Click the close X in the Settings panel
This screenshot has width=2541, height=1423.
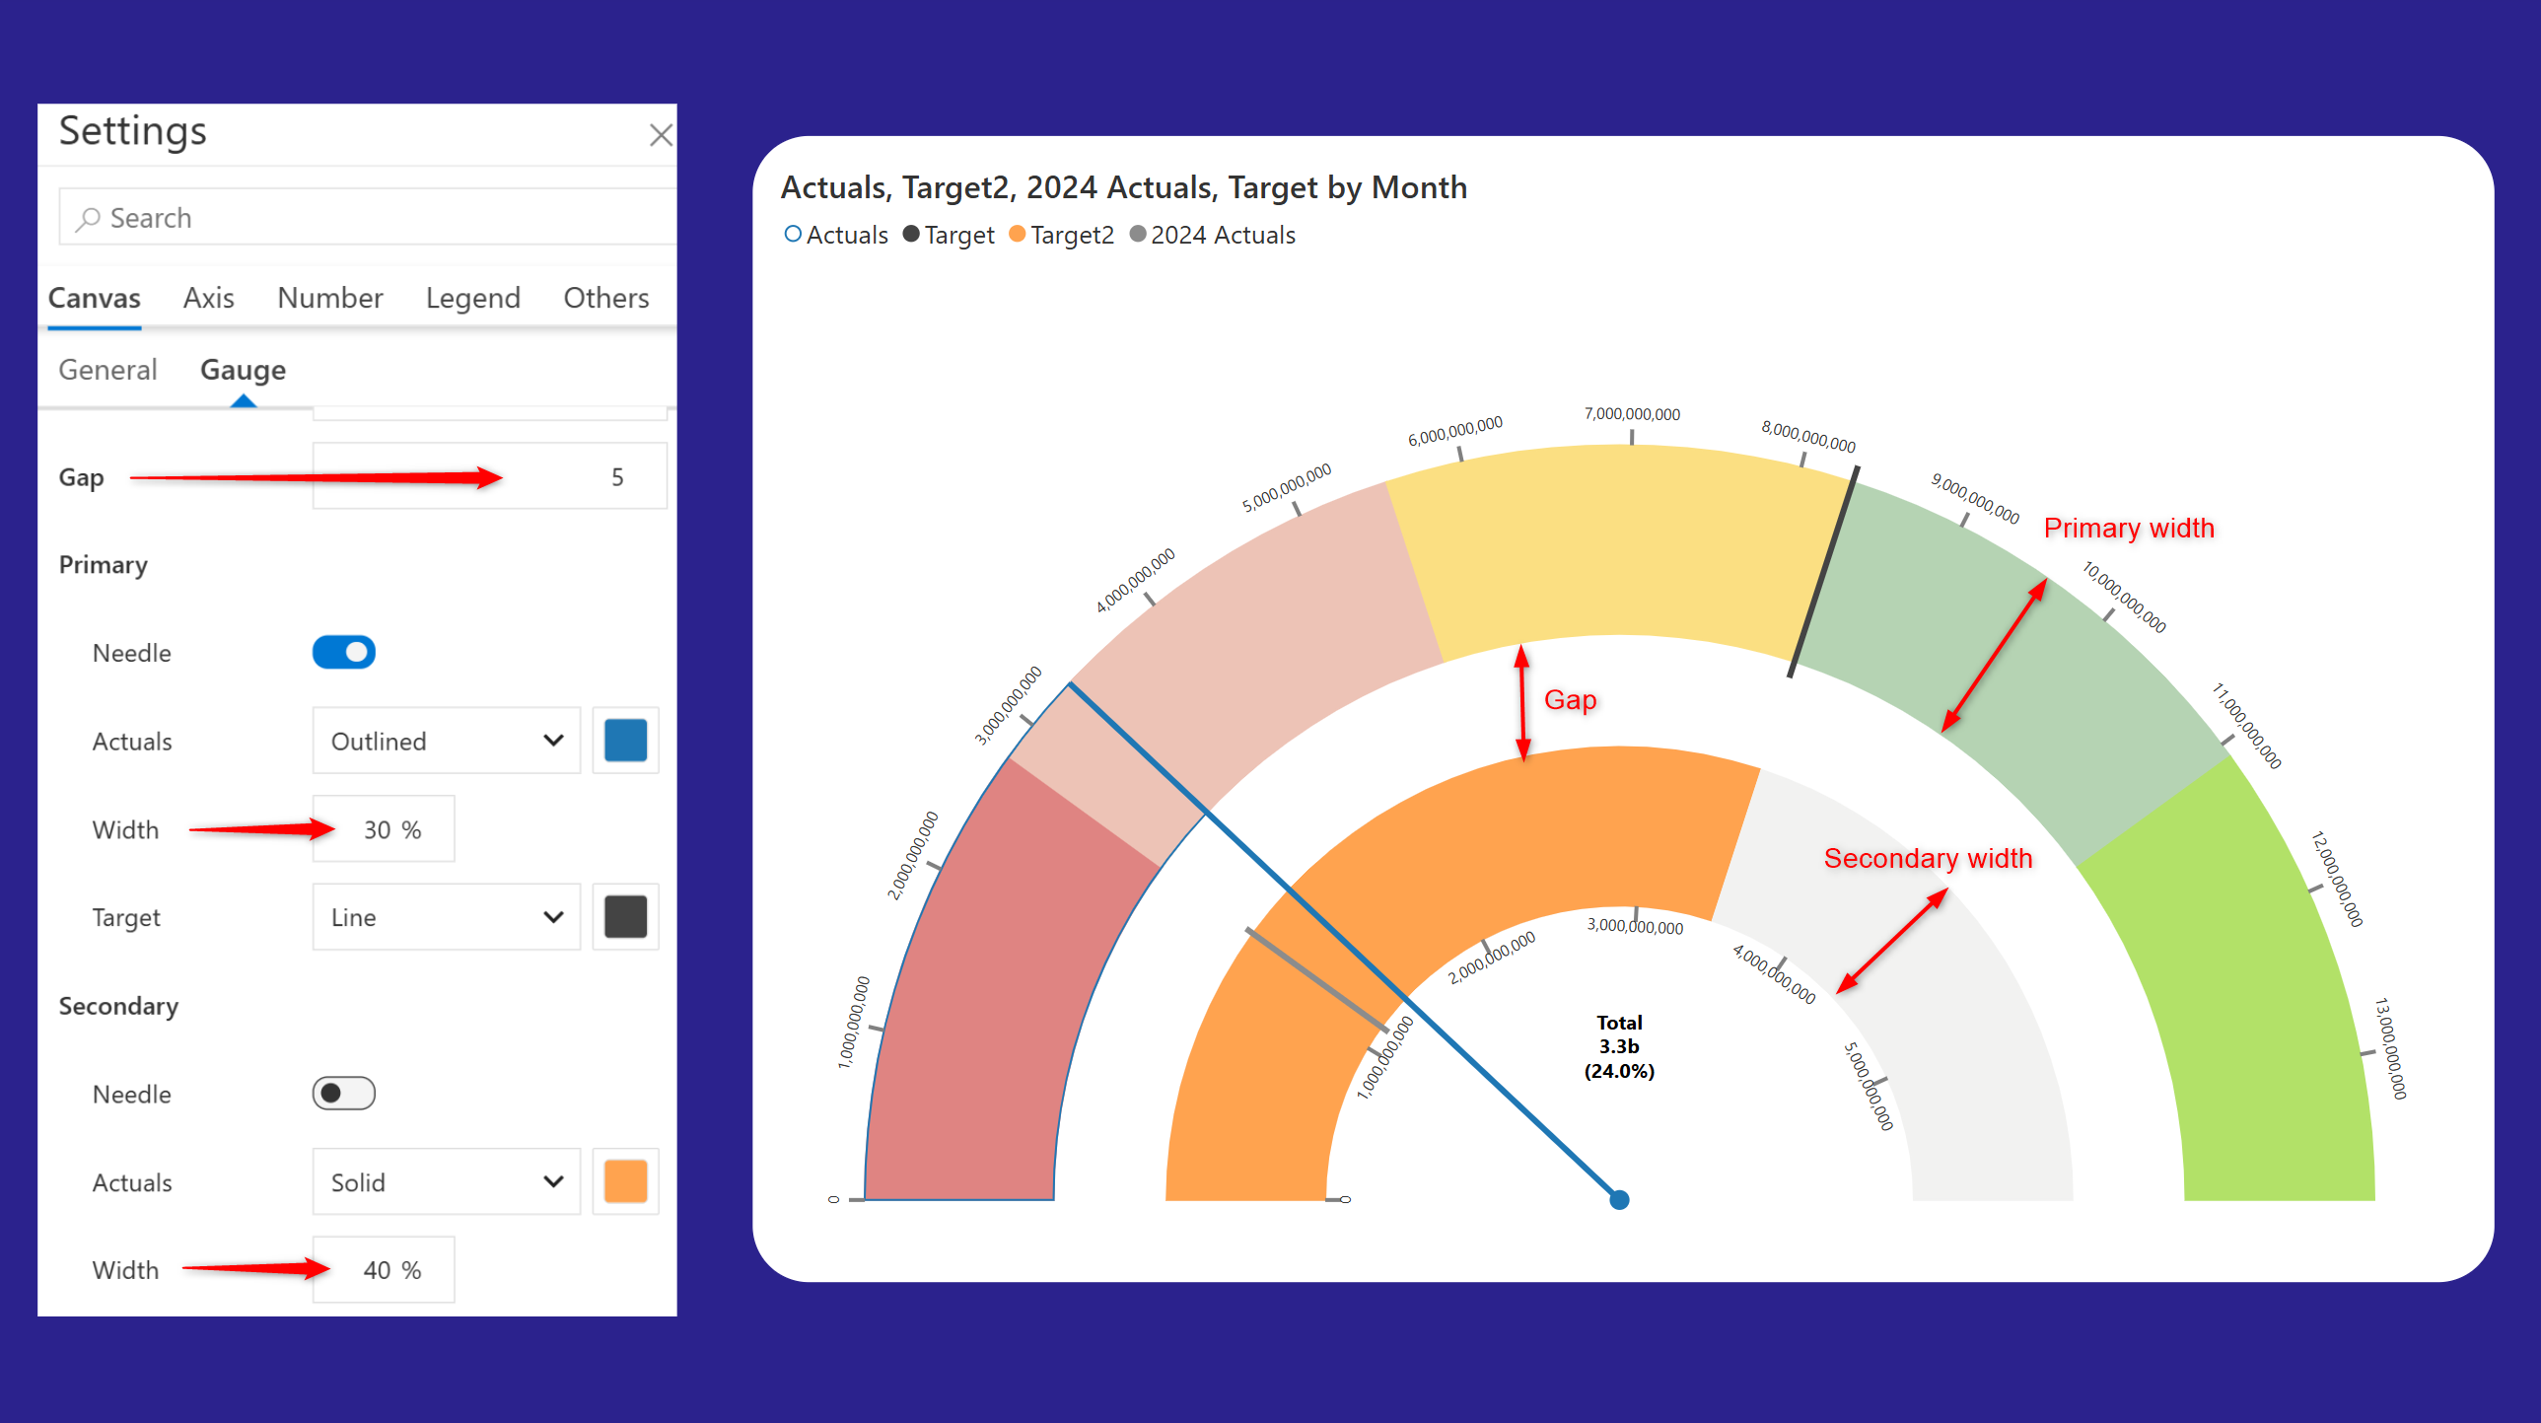coord(660,135)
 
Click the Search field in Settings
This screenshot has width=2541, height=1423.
coord(375,217)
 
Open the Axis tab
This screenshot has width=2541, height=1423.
coord(208,298)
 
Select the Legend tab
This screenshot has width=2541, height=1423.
coord(472,298)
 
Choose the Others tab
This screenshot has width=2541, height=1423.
coord(605,298)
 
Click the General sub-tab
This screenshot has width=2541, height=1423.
coord(107,370)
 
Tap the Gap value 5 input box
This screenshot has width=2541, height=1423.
coord(489,476)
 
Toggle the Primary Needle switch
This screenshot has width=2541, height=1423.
coord(343,652)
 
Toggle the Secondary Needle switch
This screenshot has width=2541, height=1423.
coord(343,1094)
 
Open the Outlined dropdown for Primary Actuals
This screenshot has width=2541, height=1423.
coord(446,742)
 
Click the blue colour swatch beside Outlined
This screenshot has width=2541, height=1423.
coord(625,742)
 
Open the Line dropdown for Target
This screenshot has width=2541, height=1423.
coord(446,918)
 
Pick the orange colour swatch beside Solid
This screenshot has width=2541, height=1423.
coord(625,1182)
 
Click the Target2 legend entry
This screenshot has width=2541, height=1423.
coord(1062,235)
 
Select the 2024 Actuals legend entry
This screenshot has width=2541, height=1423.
coord(1213,235)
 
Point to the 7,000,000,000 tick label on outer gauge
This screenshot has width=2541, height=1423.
coord(1632,414)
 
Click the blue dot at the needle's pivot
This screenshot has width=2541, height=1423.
coord(1619,1200)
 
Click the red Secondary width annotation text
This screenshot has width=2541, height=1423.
coord(1928,859)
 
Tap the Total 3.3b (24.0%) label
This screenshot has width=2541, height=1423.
coord(1619,1047)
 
